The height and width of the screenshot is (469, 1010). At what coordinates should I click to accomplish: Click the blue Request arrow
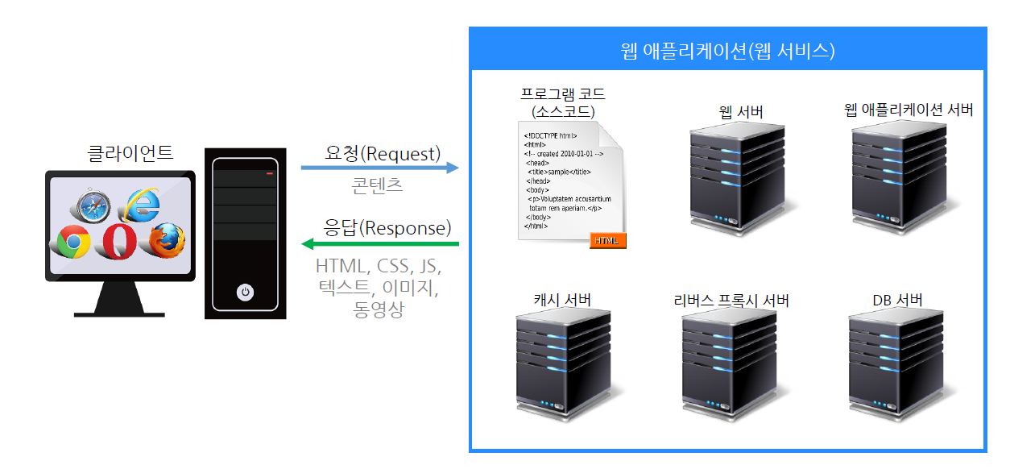pyautogui.click(x=379, y=168)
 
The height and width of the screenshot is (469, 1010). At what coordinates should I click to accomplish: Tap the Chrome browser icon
pyautogui.click(x=73, y=241)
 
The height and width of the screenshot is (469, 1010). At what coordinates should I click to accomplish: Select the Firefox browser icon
pyautogui.click(x=167, y=240)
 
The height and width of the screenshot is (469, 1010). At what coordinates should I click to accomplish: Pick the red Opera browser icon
pyautogui.click(x=120, y=241)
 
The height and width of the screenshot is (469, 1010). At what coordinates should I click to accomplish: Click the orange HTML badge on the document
pyautogui.click(x=607, y=240)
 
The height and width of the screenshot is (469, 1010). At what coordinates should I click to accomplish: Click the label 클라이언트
pyautogui.click(x=130, y=153)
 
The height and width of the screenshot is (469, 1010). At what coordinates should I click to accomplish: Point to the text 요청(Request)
pyautogui.click(x=383, y=152)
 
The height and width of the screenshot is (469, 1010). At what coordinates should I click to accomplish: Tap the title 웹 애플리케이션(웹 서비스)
pyautogui.click(x=727, y=52)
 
